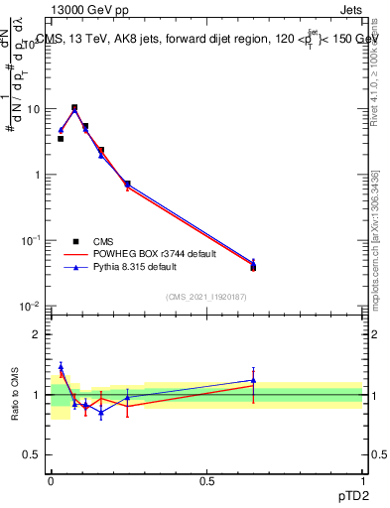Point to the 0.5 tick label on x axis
coord(206,479)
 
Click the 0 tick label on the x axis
coord(51,479)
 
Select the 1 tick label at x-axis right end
coord(363,479)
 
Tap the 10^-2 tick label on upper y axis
coord(34,306)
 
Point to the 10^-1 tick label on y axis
coord(34,240)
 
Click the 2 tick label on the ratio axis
coord(40,334)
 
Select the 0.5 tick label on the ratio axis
coord(36,455)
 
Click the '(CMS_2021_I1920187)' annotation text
coord(206,297)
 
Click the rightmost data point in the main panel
coord(253,266)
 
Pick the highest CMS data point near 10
coord(74,107)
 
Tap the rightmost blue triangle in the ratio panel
coord(253,380)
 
